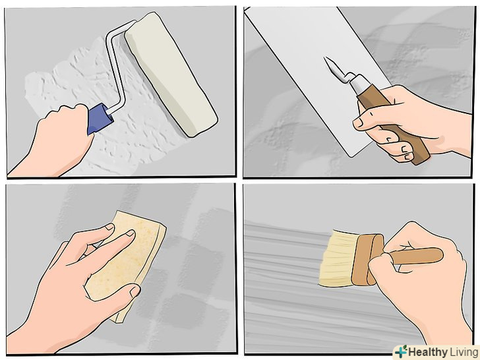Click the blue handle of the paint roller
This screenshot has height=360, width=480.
[100, 119]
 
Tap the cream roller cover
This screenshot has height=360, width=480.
[171, 73]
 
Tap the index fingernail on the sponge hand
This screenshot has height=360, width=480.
[131, 233]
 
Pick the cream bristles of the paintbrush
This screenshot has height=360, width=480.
[337, 258]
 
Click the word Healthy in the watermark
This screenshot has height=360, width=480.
[427, 352]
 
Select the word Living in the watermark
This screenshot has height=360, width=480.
[463, 352]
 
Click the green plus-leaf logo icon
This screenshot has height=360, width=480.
[401, 351]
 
